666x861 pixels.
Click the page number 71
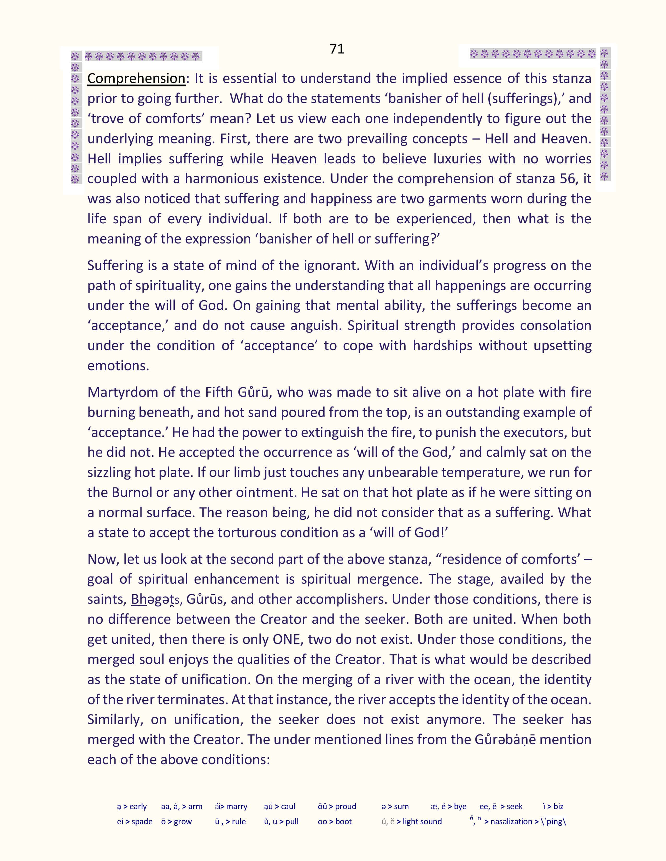(x=337, y=49)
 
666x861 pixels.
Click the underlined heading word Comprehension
(x=136, y=79)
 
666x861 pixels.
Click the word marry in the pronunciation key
(x=237, y=806)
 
